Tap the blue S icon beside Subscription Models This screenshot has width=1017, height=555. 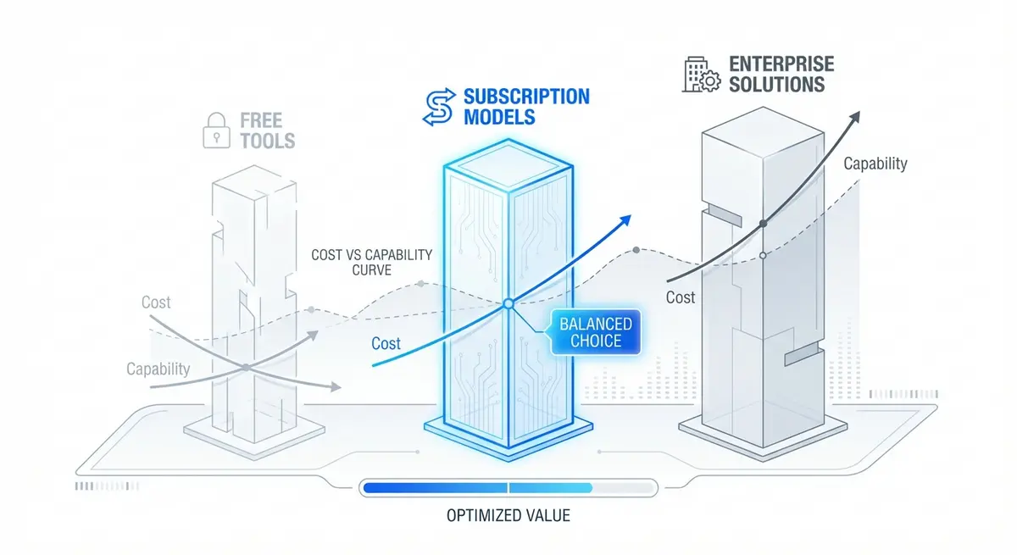438,108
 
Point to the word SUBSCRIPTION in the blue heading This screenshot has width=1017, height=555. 525,96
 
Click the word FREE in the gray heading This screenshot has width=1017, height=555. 261,119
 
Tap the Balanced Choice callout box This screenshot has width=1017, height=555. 596,332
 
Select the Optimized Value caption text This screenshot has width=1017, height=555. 508,515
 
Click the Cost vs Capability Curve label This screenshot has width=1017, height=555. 373,262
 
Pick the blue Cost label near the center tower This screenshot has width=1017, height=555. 386,343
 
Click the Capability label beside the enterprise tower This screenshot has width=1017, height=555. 875,164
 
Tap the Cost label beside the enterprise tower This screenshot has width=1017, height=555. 680,297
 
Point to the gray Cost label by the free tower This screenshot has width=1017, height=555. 156,302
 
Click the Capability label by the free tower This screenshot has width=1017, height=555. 158,369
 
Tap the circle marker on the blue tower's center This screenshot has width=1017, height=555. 508,303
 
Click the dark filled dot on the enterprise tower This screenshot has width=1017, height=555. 764,223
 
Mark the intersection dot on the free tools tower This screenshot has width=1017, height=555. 245,367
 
